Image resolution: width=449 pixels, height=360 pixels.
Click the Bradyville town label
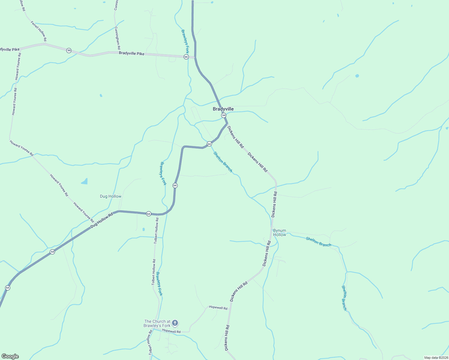click(223, 109)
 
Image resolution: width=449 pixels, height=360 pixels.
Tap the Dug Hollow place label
click(110, 196)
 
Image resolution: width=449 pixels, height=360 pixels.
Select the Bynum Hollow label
click(279, 233)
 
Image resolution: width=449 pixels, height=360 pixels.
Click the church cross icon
click(175, 323)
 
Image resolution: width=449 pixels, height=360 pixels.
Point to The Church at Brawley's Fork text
click(157, 323)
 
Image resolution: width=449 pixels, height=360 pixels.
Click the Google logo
click(10, 356)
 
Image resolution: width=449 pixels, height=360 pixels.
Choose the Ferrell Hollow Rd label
click(39, 31)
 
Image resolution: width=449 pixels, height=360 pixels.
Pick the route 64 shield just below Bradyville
click(224, 115)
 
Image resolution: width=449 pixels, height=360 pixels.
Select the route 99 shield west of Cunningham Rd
click(69, 50)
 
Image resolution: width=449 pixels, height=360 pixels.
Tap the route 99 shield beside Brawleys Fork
click(186, 57)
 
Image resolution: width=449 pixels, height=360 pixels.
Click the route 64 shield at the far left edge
click(8, 288)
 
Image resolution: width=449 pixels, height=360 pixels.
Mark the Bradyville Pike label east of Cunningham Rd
click(131, 53)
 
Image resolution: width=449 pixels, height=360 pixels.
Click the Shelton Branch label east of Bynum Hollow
click(318, 241)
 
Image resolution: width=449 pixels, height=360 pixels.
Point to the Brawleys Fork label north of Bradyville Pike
click(185, 41)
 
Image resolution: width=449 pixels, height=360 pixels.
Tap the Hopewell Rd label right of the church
click(171, 331)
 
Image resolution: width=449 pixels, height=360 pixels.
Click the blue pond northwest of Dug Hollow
click(85, 181)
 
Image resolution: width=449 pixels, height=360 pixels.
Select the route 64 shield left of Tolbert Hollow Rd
click(149, 214)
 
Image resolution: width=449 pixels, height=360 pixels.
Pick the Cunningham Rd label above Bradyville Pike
click(117, 38)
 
